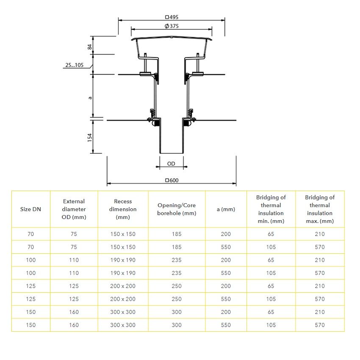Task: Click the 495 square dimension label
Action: click(x=172, y=17)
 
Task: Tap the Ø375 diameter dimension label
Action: click(x=171, y=26)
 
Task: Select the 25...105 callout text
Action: click(x=74, y=65)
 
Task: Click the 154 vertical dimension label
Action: click(x=90, y=137)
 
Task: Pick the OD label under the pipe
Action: click(x=171, y=163)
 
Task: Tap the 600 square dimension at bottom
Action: click(x=172, y=180)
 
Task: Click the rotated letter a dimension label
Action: click(x=90, y=97)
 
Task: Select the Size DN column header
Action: click(x=31, y=209)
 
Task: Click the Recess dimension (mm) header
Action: click(x=123, y=209)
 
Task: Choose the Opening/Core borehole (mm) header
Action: click(x=177, y=209)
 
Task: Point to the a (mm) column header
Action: click(x=226, y=209)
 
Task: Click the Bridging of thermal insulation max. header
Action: click(x=320, y=209)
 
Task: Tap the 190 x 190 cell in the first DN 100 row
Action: click(x=123, y=260)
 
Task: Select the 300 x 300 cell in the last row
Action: click(x=123, y=325)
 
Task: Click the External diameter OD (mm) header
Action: click(x=74, y=209)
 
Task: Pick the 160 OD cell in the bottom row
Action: click(x=74, y=325)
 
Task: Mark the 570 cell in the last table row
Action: click(x=320, y=325)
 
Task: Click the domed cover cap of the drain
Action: click(x=171, y=39)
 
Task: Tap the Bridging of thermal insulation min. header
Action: click(x=271, y=209)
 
